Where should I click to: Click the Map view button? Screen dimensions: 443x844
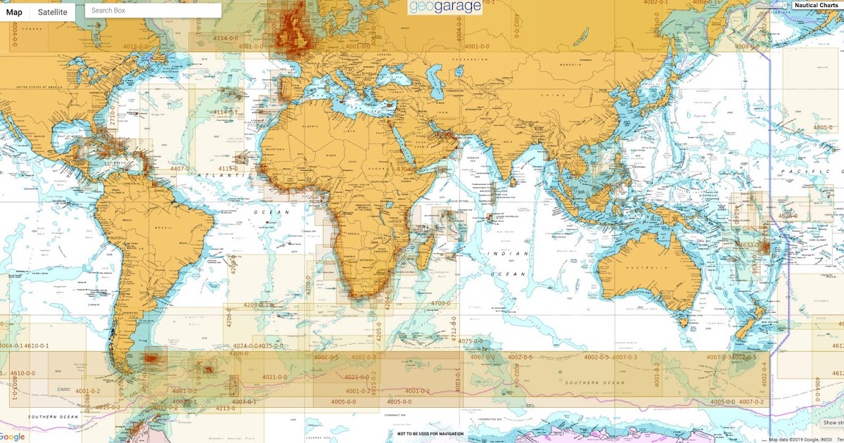14,12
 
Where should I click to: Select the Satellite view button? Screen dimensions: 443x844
53,12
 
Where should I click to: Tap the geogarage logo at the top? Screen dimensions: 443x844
446,7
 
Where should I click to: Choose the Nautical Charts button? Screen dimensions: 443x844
816,6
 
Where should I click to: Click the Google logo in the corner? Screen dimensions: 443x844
14,436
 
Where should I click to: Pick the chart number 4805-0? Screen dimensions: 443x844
822,127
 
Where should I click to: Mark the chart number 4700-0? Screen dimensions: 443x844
440,303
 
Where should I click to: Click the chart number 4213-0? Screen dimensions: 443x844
225,408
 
